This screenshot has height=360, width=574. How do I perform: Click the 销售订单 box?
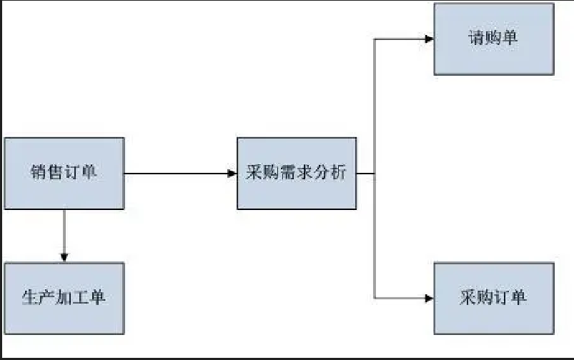click(x=64, y=173)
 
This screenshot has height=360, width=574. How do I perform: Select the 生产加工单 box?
click(x=64, y=298)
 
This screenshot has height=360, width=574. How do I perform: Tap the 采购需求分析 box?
click(x=296, y=173)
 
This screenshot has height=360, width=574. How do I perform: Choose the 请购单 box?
click(x=494, y=39)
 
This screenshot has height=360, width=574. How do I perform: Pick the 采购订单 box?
click(x=494, y=298)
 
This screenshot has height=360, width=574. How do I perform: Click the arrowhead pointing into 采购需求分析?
click(x=232, y=173)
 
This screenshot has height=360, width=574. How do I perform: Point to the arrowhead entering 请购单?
click(x=429, y=39)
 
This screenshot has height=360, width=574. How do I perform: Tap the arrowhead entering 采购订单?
click(x=429, y=297)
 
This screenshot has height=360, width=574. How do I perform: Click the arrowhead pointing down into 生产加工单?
click(x=64, y=257)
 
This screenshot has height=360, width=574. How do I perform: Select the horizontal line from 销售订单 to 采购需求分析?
click(x=179, y=173)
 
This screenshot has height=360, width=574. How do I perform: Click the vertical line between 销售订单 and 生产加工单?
click(x=64, y=232)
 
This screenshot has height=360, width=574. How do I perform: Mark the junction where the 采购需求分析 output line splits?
click(x=375, y=173)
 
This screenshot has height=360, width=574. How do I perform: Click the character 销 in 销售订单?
click(x=39, y=173)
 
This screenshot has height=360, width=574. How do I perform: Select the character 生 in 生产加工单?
click(x=30, y=298)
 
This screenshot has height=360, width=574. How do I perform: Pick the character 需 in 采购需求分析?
click(x=288, y=173)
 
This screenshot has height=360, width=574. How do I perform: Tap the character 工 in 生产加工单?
click(x=81, y=298)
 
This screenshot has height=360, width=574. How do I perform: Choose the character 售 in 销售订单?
click(x=56, y=173)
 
